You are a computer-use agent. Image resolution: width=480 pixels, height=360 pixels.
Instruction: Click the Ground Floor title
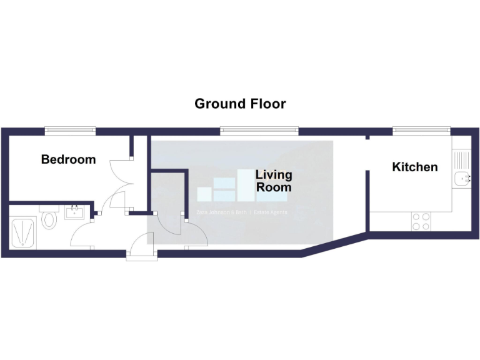pos(240,104)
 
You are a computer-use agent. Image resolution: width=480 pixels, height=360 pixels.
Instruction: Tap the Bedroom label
pos(68,159)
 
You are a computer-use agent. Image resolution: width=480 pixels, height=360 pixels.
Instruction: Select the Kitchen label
pos(414,167)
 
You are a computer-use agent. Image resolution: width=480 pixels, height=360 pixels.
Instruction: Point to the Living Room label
pos(274,181)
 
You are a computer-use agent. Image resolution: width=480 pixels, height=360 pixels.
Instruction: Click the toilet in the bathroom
pos(48,219)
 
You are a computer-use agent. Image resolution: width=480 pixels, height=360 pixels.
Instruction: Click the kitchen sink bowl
pos(462,179)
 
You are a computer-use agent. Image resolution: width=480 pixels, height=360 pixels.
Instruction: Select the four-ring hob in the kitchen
pos(421,221)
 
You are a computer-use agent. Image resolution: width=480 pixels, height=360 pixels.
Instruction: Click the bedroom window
pos(69,131)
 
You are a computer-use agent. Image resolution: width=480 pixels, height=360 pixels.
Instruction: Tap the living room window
pos(259,131)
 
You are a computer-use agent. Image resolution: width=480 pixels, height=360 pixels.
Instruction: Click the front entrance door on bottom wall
pos(141,254)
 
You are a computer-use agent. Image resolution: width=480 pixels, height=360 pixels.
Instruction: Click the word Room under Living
pos(274,187)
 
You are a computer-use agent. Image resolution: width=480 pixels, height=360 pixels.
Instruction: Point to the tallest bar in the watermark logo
pos(246,185)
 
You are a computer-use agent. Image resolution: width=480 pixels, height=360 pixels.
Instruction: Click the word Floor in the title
pos(265,104)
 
